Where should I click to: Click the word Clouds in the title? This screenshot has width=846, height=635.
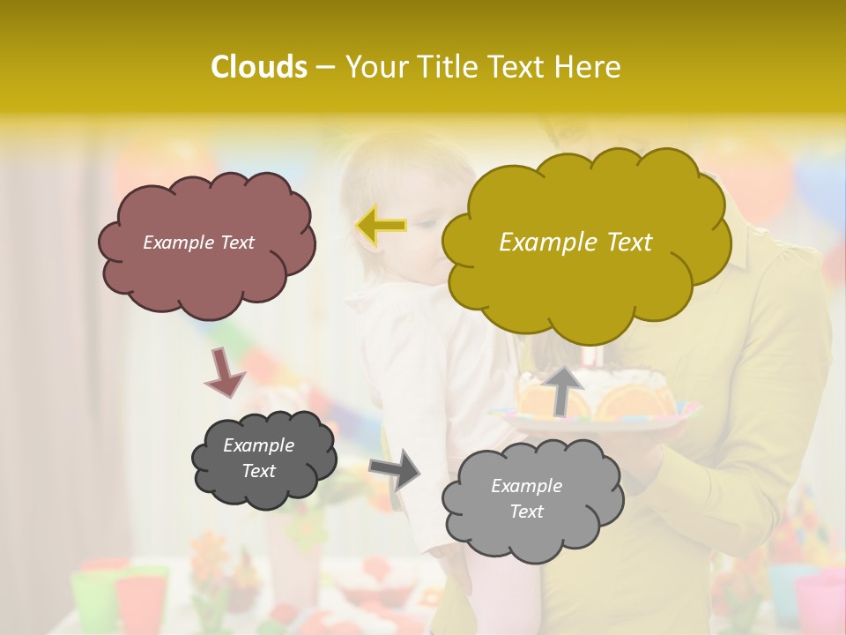coord(258,67)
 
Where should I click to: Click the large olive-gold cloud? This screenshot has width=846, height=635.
coord(582,282)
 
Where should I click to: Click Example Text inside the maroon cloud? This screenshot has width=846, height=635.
coord(198,243)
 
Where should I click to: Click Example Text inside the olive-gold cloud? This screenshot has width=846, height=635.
coord(575,243)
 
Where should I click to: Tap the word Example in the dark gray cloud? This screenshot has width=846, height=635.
coord(258,445)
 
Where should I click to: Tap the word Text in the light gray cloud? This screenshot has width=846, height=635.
coord(526,512)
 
